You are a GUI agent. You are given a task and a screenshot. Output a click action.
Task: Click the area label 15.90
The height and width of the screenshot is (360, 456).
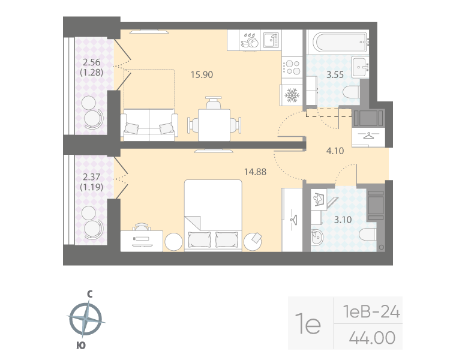pyautogui.click(x=202, y=75)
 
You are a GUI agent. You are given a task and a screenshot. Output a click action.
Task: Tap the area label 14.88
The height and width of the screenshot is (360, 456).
pyautogui.click(x=254, y=171)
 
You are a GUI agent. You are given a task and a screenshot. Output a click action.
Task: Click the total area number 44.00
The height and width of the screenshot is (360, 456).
pyautogui.click(x=372, y=338)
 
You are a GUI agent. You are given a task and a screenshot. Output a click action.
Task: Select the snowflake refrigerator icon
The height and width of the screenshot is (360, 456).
pyautogui.click(x=292, y=95)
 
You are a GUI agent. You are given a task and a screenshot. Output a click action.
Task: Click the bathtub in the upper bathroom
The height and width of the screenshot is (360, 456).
pyautogui.click(x=338, y=42)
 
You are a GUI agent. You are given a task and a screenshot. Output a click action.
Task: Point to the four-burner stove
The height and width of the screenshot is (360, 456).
pyautogui.click(x=292, y=65)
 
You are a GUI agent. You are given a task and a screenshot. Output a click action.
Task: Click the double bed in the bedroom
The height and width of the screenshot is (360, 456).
pyautogui.click(x=213, y=216)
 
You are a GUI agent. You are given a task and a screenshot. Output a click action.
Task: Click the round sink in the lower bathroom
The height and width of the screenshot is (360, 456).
pyautogui.click(x=316, y=239)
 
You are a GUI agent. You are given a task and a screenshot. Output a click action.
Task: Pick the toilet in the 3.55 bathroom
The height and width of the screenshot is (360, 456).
pyautogui.click(x=352, y=92)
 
